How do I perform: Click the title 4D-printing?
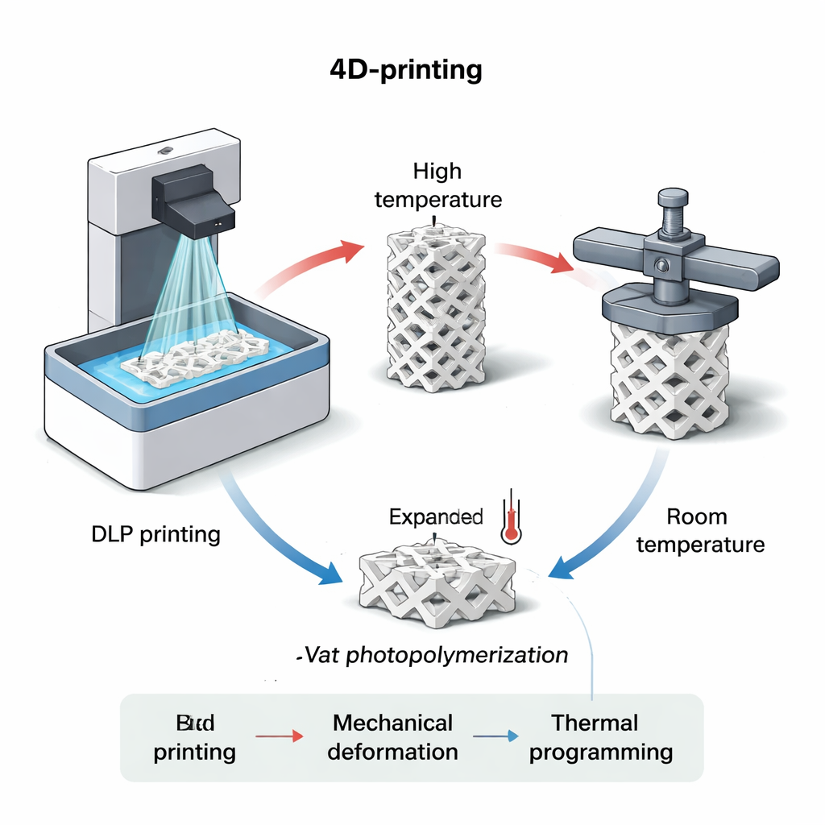click(x=406, y=70)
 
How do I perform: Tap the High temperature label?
click(x=437, y=185)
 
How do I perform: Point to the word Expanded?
click(x=436, y=517)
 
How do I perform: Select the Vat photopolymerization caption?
click(x=432, y=655)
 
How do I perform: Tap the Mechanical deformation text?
click(x=393, y=737)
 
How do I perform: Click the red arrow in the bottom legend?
click(x=279, y=736)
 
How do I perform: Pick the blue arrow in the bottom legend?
click(x=495, y=736)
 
